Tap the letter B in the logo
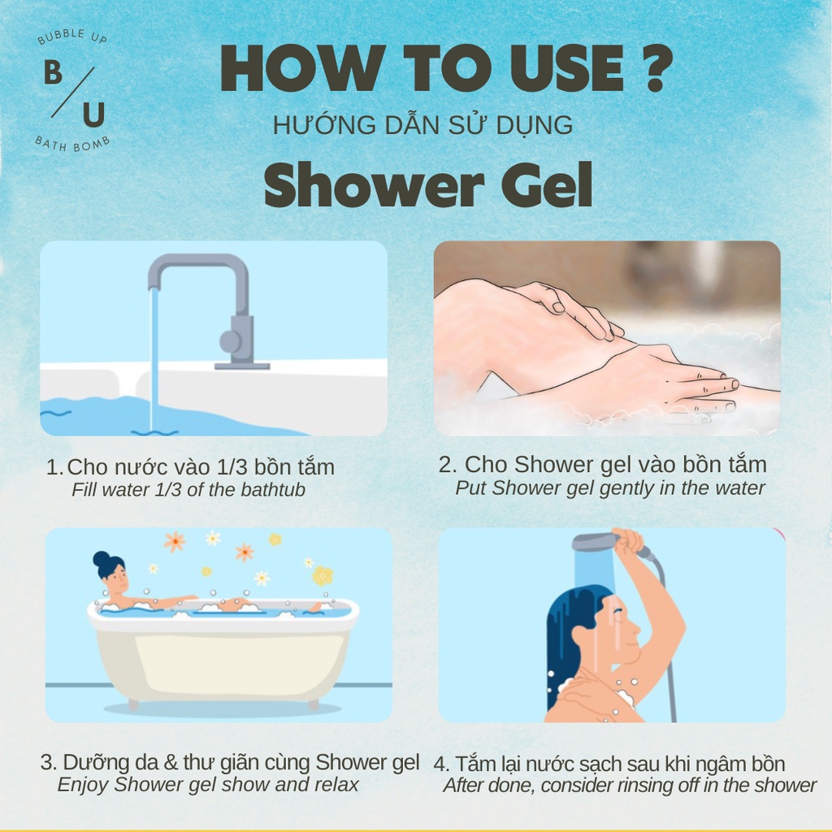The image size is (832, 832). click(x=53, y=73)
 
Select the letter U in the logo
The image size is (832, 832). click(x=93, y=115)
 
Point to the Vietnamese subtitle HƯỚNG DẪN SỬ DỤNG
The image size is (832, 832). click(x=423, y=125)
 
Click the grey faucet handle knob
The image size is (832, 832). click(x=232, y=340)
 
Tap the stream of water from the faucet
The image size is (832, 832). click(x=154, y=357)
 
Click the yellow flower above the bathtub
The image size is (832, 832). click(x=323, y=575)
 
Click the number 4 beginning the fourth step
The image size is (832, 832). click(x=439, y=765)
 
